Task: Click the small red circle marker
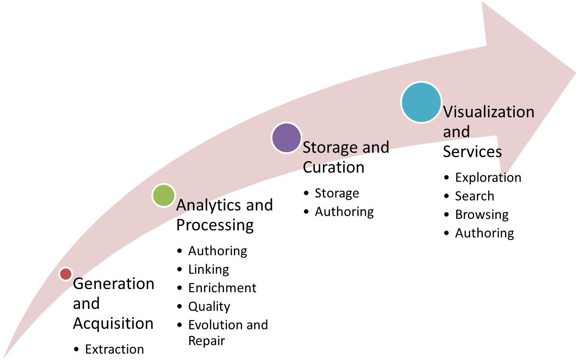[66, 274]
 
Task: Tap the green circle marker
[163, 196]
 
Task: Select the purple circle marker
[286, 138]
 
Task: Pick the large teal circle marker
[421, 102]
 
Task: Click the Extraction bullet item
[114, 349]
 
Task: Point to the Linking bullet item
[209, 270]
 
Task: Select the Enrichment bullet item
[222, 288]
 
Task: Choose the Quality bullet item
[209, 307]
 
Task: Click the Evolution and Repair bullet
[228, 332]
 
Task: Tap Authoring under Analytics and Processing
[218, 251]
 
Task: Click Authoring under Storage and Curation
[344, 212]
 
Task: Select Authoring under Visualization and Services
[485, 233]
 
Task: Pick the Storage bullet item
[337, 193]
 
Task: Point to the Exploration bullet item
[488, 178]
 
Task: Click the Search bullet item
[475, 196]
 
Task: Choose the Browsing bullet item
[482, 215]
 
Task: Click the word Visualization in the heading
[489, 112]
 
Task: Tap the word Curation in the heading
[333, 167]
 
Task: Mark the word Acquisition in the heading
[113, 323]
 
